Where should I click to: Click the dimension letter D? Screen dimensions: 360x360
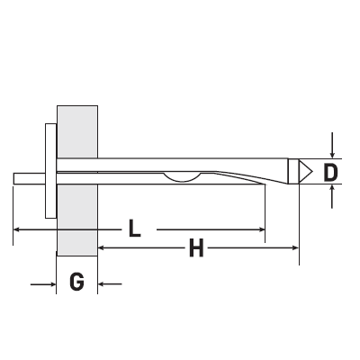point(330,173)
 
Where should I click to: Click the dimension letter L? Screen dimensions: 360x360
point(135,229)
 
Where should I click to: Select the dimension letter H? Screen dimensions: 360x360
point(196,247)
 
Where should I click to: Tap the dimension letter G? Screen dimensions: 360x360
point(76,282)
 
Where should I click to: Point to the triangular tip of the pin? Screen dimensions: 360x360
point(304,172)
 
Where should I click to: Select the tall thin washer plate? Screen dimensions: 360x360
point(50,171)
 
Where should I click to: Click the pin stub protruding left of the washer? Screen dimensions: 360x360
point(30,178)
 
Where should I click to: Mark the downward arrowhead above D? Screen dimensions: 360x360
point(332,155)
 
